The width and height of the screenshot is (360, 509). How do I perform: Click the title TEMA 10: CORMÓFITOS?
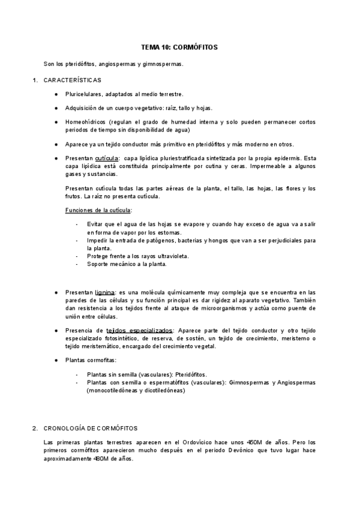click(180, 47)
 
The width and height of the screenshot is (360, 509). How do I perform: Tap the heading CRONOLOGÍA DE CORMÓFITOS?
click(91, 428)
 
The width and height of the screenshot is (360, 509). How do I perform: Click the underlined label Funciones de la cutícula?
click(99, 209)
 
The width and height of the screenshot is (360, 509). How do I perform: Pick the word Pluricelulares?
click(84, 94)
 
